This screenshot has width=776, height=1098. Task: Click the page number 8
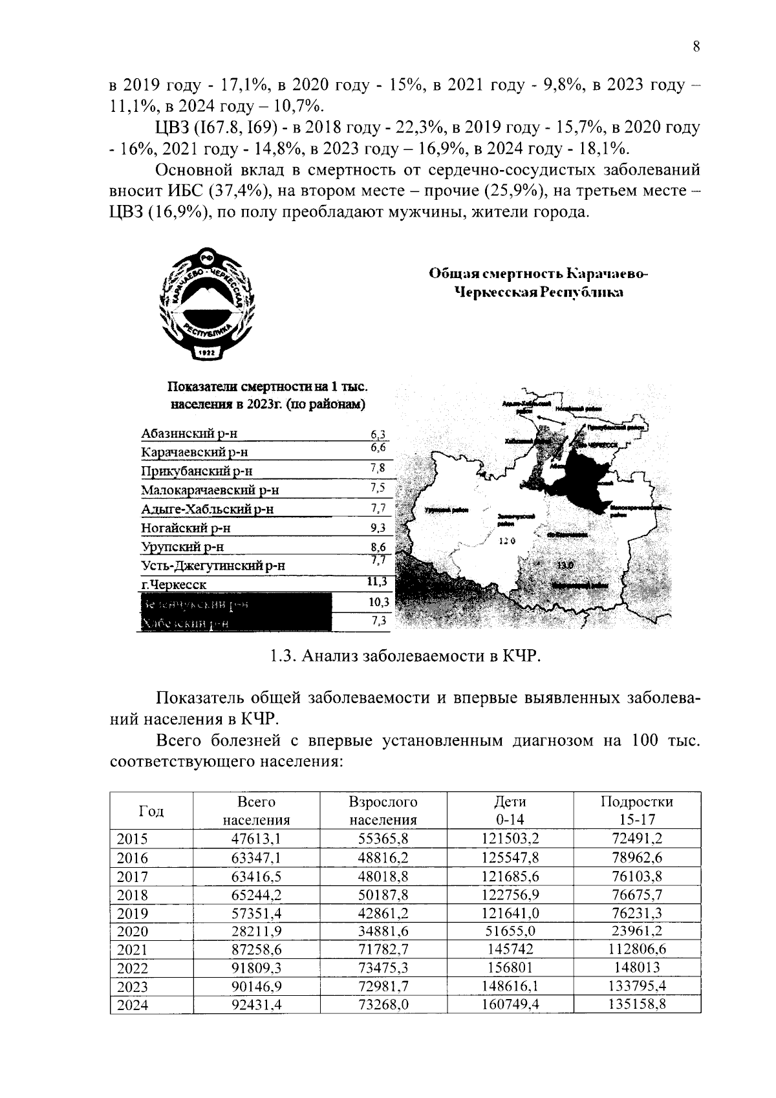696,47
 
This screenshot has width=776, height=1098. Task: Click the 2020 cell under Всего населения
256,931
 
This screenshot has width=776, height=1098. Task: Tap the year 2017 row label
133,877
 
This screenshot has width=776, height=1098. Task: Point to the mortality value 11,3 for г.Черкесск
377,582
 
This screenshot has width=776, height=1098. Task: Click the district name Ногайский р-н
186,528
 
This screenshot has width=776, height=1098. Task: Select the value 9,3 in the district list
378,528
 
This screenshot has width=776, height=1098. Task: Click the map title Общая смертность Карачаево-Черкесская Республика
539,283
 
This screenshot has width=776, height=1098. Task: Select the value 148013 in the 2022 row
636,968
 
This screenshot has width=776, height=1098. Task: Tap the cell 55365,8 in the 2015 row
383,839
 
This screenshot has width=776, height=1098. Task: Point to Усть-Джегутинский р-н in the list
213,566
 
